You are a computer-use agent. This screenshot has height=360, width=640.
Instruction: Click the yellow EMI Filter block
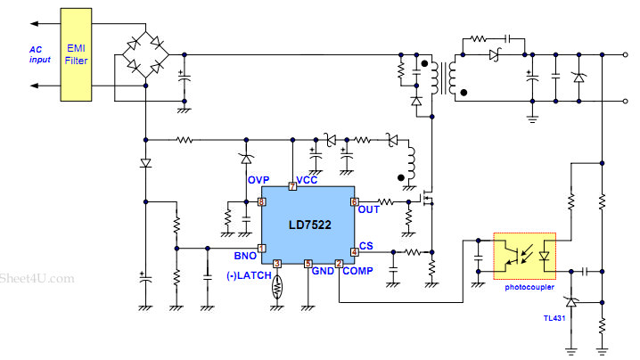[x=76, y=54]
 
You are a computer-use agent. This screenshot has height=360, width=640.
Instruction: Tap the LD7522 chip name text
[x=310, y=225]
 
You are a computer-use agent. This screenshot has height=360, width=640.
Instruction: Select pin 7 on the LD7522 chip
[x=292, y=186]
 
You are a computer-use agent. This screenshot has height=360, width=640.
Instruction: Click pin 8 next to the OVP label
[x=262, y=201]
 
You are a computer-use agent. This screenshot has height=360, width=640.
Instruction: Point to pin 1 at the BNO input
[x=262, y=248]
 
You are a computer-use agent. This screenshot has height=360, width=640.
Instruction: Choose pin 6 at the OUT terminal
[x=354, y=201]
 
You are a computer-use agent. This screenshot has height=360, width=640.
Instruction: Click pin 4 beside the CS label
[x=354, y=252]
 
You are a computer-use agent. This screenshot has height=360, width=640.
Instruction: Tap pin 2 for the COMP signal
[x=339, y=264]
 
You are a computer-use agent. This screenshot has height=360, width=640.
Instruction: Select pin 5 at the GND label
[x=308, y=264]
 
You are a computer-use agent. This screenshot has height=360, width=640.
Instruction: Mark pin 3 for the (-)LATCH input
[x=277, y=264]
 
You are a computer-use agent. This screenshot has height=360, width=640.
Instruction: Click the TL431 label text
[x=554, y=318]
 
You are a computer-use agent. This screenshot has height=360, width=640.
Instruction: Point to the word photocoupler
[x=529, y=287]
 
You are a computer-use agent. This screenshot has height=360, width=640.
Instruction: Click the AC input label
[x=39, y=54]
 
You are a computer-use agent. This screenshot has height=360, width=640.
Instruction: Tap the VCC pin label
[x=307, y=180]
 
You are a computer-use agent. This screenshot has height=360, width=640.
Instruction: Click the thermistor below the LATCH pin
[x=277, y=287]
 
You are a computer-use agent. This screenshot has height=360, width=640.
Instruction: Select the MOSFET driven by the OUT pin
[x=427, y=199]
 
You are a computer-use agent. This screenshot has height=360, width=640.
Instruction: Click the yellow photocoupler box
[x=524, y=256]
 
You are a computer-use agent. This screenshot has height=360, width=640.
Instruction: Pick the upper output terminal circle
[x=625, y=54]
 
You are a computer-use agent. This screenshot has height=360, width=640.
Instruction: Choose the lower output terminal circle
[x=625, y=102]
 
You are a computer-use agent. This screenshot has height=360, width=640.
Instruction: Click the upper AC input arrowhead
[x=34, y=24]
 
